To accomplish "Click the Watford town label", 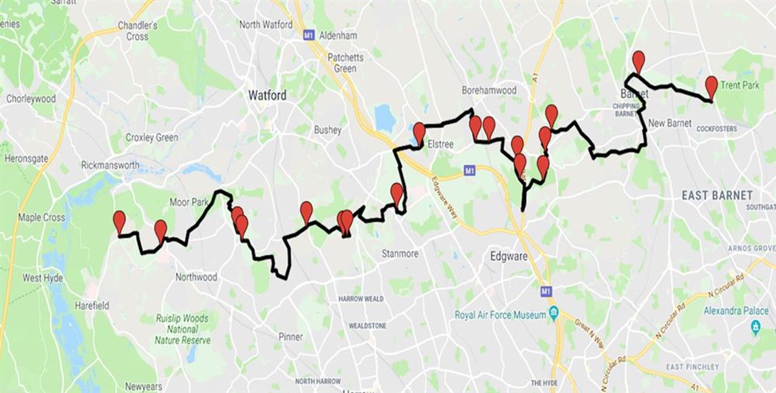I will coord(267,95).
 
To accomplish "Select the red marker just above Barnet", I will coord(639,61).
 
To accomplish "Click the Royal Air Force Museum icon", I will coord(554,315).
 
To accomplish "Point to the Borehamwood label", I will coord(490,90).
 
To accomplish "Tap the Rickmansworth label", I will coord(110,165).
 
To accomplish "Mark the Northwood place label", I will coord(196,277).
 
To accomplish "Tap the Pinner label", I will coord(290,337).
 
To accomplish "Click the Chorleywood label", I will coord(31,99).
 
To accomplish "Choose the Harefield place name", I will coord(91,306).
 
